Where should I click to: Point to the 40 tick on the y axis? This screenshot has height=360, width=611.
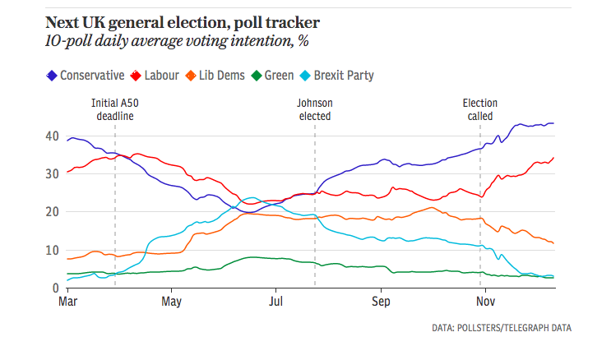51,136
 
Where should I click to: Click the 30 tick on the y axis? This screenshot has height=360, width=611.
51,173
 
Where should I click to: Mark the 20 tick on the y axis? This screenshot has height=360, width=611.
51,212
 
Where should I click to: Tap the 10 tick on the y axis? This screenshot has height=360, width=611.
51,250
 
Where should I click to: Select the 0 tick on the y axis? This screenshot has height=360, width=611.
54,288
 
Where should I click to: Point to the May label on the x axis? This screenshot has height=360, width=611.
171,302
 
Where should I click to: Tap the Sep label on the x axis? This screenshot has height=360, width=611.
380,302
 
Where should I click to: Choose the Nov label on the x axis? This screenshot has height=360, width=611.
484,302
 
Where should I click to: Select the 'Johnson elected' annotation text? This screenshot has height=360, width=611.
314,110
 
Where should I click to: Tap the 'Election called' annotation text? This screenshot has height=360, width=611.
480,110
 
